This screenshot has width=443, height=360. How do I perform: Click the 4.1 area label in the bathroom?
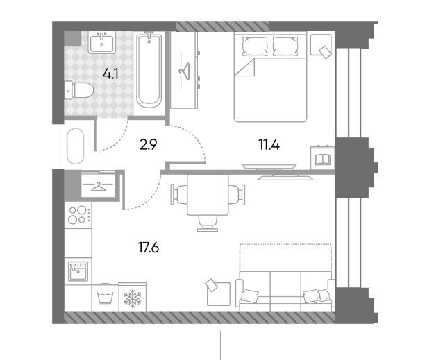pyautogui.click(x=110, y=74)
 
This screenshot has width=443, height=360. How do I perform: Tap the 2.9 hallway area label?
pyautogui.click(x=149, y=145)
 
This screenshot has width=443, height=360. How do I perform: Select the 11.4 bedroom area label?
pyautogui.click(x=269, y=145)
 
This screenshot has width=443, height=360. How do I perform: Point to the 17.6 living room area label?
pyautogui.click(x=149, y=248)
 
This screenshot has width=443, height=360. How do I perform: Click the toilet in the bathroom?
pyautogui.click(x=79, y=90)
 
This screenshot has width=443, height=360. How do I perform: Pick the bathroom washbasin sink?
pyautogui.click(x=101, y=42)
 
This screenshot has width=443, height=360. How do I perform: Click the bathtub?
pyautogui.click(x=149, y=71)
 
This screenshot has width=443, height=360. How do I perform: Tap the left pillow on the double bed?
pyautogui.click(x=255, y=46)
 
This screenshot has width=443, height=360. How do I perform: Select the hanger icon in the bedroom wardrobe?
pyautogui.click(x=184, y=69)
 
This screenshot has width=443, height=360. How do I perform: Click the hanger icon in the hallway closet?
pyautogui.click(x=98, y=186)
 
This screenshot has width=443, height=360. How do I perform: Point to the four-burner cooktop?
pyautogui.click(x=78, y=215)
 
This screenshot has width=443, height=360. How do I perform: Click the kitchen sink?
pyautogui.click(x=78, y=271)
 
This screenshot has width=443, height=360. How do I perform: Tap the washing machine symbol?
pyautogui.click(x=106, y=298)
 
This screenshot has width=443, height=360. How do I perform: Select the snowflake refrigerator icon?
pyautogui.click(x=132, y=298)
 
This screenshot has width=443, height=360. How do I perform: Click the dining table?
pyautogui.click(x=208, y=195)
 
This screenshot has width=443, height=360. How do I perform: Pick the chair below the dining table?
pyautogui.click(x=208, y=223)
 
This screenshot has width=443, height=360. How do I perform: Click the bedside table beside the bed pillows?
pyautogui.click(x=321, y=45)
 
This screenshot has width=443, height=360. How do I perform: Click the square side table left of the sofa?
pyautogui.click(x=218, y=293)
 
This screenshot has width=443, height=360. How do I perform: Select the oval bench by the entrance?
pyautogui.click(x=76, y=146)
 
